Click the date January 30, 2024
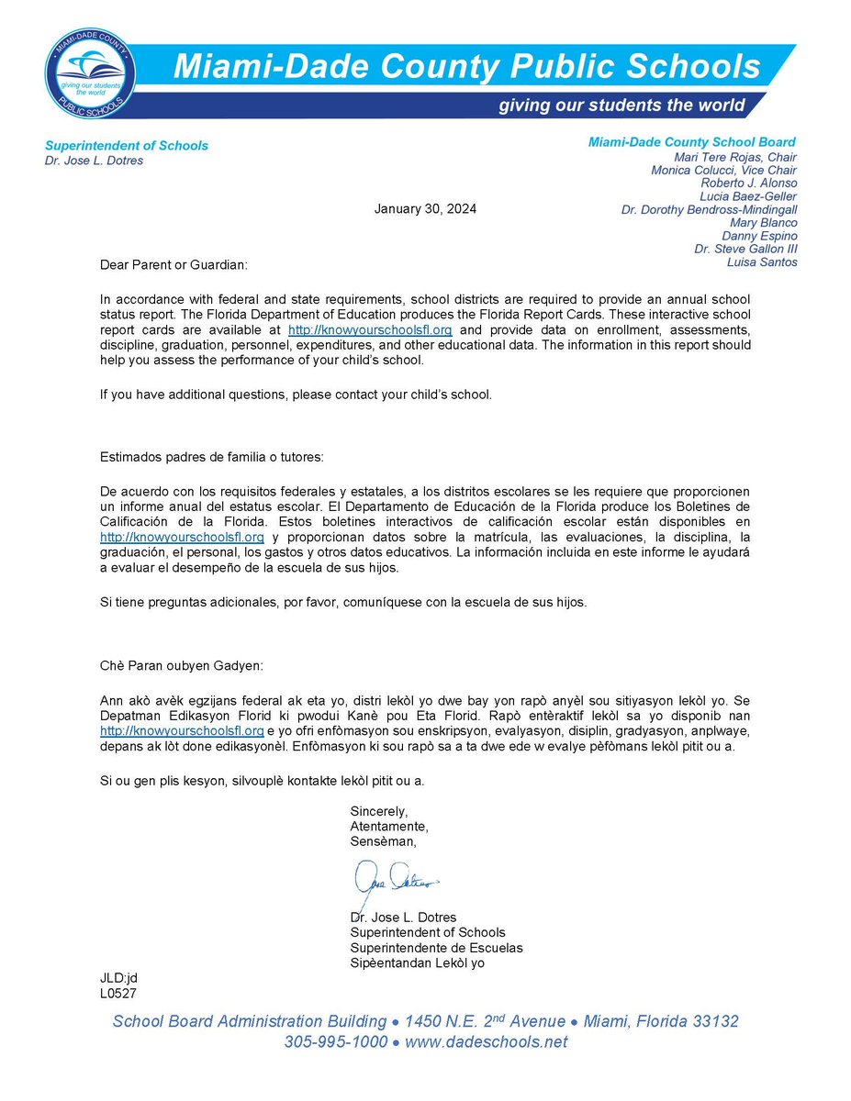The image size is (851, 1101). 425,209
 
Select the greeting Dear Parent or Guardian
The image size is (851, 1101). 174,265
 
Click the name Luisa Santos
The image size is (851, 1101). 762,261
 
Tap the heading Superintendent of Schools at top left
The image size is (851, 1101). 127,145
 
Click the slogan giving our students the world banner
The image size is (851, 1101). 621,106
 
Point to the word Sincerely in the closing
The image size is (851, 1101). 378,811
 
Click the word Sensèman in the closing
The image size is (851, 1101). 383,840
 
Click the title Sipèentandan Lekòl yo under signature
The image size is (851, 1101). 417,962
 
